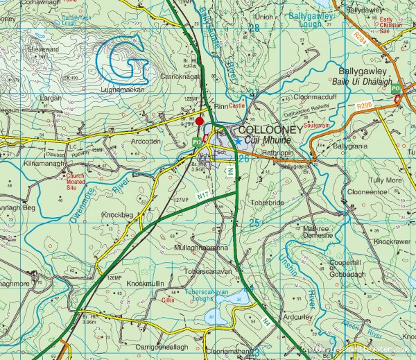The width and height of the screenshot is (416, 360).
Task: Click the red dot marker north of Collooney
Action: click(x=200, y=121)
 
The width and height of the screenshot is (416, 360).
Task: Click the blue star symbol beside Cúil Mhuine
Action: click(x=238, y=141)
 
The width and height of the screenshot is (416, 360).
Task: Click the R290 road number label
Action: click(x=365, y=106)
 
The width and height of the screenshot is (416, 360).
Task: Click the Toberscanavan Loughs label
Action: click(x=212, y=296)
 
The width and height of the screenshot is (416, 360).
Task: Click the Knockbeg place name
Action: click(x=117, y=215)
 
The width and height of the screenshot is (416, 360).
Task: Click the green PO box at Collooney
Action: click(x=196, y=142)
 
